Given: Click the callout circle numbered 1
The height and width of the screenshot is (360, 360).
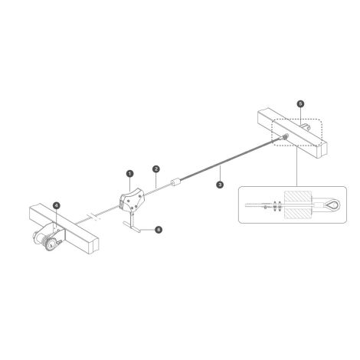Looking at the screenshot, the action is click(x=129, y=174).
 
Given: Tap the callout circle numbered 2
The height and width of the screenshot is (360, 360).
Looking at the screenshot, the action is click(x=156, y=169).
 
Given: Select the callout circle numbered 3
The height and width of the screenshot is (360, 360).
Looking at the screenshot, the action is click(x=220, y=185).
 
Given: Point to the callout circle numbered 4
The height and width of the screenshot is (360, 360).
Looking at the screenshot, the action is click(x=56, y=205).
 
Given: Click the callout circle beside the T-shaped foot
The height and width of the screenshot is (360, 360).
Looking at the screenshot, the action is click(x=159, y=230).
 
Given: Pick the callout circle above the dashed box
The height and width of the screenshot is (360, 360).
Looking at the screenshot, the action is click(x=300, y=103).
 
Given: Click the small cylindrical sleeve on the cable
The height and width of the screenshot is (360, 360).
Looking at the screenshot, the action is click(x=175, y=182).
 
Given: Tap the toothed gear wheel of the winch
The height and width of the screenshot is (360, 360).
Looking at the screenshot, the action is click(x=52, y=244).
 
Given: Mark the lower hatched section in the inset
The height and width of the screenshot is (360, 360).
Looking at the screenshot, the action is click(x=298, y=213).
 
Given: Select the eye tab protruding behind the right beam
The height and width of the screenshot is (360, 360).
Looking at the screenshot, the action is click(x=306, y=126).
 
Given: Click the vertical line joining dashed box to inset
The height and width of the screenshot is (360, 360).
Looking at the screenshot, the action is click(x=296, y=166).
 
